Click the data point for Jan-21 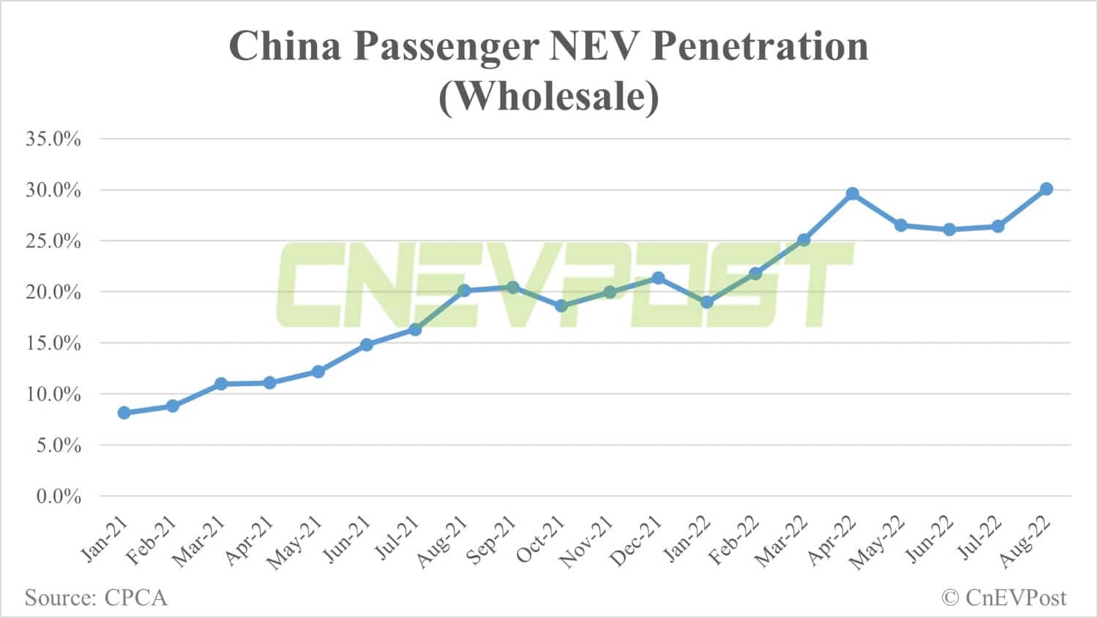click(x=124, y=412)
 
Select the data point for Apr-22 click(x=852, y=194)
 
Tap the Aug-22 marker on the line click(x=1047, y=189)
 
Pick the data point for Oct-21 click(x=561, y=306)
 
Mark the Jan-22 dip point click(x=707, y=302)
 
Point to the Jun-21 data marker click(x=367, y=344)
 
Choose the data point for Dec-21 click(x=658, y=278)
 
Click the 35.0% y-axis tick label click(x=53, y=139)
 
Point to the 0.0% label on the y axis click(x=59, y=497)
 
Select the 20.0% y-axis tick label click(x=53, y=293)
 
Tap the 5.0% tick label click(x=59, y=445)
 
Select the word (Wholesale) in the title click(x=548, y=97)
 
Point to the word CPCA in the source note click(x=136, y=598)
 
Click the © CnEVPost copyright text click(x=1004, y=598)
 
